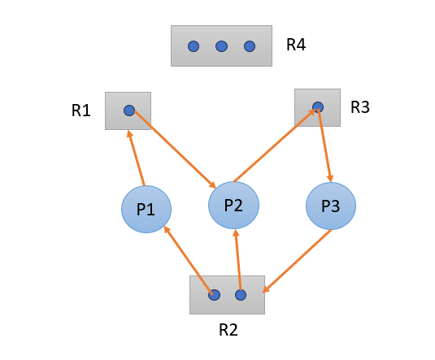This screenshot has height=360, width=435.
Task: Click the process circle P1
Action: tap(146, 209)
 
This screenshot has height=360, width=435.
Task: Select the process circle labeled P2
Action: tap(233, 205)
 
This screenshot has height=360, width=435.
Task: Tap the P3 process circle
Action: tap(330, 206)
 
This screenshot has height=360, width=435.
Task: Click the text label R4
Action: tap(296, 45)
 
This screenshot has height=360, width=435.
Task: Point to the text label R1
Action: tap(81, 111)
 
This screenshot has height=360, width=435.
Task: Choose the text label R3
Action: tap(360, 106)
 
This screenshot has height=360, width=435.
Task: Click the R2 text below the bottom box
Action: tap(228, 330)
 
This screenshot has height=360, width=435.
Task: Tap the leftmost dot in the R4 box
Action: tap(194, 46)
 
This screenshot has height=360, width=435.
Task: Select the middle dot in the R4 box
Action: tap(221, 46)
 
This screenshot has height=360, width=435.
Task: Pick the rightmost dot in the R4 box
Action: tap(249, 46)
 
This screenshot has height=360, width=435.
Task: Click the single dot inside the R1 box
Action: tap(128, 111)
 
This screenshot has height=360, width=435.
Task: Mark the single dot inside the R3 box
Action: tap(318, 106)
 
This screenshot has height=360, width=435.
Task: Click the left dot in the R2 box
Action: tap(214, 295)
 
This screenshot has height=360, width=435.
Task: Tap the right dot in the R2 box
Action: tap(240, 295)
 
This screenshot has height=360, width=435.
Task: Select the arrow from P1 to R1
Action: tap(136, 158)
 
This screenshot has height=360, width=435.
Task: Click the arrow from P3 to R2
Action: tap(297, 260)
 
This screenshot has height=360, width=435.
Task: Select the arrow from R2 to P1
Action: tap(189, 260)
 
